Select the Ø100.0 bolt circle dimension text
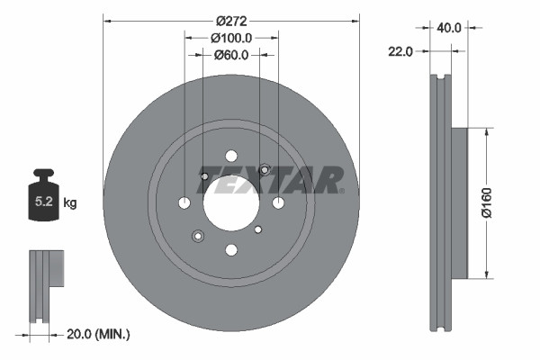(230, 38)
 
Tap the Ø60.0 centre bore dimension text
(230, 55)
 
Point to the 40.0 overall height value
(450, 28)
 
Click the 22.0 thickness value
(400, 51)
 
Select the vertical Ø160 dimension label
(487, 203)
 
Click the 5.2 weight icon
(43, 197)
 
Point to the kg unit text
(70, 203)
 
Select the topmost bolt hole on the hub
(230, 155)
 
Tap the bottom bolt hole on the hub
(230, 250)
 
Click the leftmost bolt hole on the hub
(184, 202)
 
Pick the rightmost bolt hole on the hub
(278, 202)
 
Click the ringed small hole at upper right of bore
(265, 169)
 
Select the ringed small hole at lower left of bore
(197, 236)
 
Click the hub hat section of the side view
(459, 203)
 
